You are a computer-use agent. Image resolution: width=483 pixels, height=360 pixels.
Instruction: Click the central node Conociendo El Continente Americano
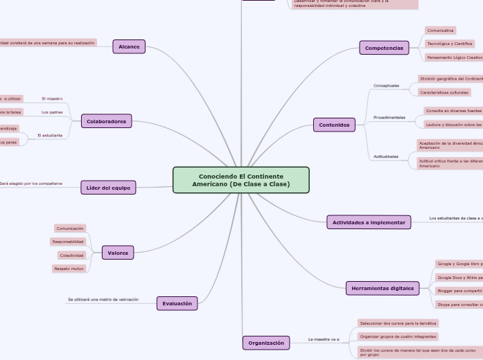coord(240,180)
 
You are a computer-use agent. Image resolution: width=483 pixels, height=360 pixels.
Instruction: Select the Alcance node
coord(129,46)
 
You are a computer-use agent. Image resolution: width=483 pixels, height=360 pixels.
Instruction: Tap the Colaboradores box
coord(106,121)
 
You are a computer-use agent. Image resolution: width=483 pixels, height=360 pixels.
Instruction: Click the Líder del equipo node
coord(108,187)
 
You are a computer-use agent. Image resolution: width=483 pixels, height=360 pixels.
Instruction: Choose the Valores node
coord(118,253)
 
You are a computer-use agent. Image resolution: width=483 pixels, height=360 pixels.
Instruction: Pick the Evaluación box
coord(177,303)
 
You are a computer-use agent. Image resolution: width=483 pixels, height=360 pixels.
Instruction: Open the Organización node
coord(266,343)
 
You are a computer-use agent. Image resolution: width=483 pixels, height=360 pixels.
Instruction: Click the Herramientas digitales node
coord(382,288)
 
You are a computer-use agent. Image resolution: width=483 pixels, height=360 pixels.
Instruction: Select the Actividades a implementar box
coord(369,222)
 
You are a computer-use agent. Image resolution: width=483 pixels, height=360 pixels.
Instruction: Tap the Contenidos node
coord(335,125)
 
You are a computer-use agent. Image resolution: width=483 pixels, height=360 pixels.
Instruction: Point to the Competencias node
coord(384,48)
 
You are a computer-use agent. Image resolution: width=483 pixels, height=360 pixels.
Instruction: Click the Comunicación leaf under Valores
coord(70,228)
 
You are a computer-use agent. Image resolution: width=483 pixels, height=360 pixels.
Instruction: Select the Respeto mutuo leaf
coord(69,269)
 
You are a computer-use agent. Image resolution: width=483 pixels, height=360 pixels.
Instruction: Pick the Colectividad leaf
coord(71,255)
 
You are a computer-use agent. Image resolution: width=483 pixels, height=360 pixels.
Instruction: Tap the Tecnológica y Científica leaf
coord(450,44)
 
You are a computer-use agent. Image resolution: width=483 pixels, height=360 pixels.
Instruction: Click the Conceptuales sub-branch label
coord(387,86)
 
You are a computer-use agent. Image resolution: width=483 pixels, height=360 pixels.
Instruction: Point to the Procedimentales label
coord(389,118)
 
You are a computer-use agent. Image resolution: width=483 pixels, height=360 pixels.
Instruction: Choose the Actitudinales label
coord(386,156)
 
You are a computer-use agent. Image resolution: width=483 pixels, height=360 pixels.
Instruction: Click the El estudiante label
coord(50,135)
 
